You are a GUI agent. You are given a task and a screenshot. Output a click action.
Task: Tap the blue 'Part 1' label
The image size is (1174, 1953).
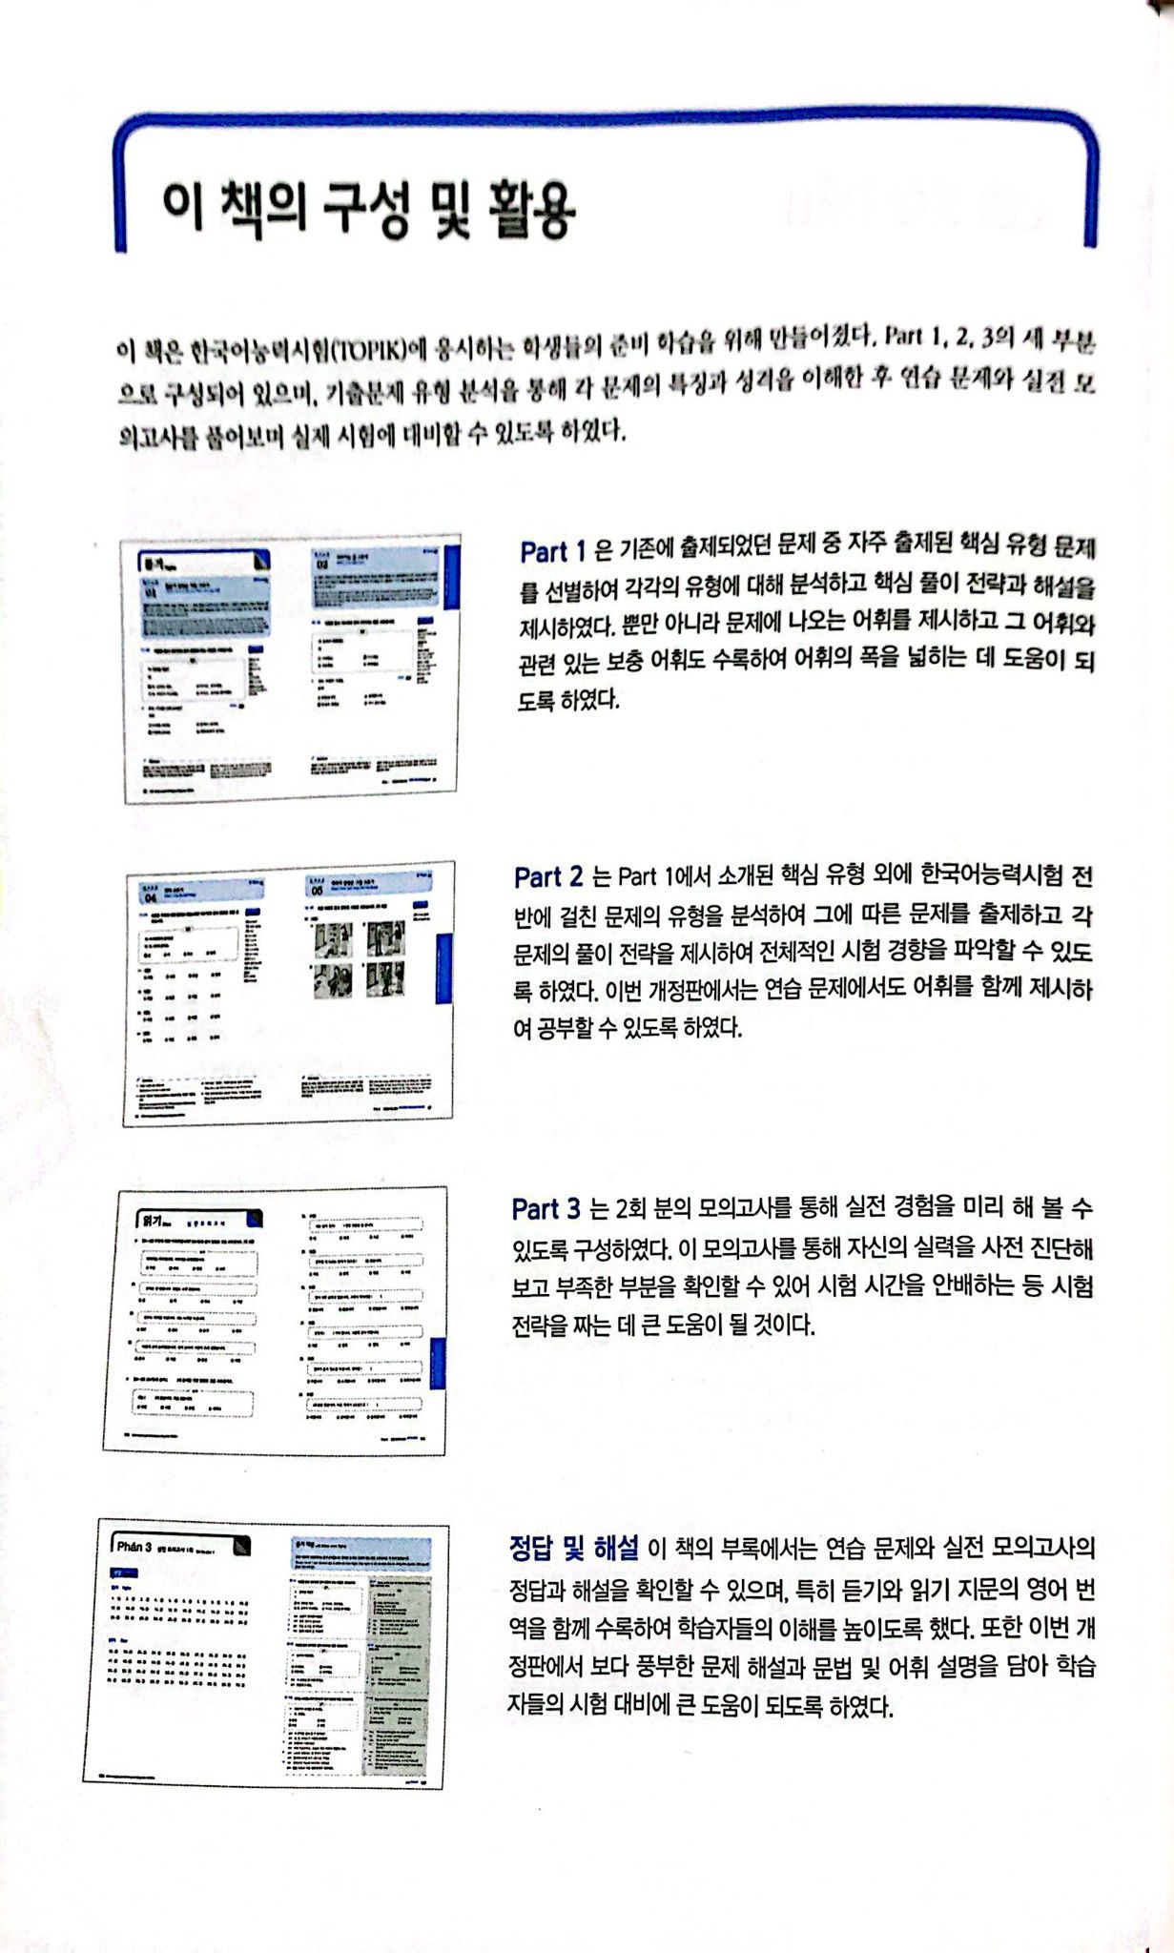coord(553,551)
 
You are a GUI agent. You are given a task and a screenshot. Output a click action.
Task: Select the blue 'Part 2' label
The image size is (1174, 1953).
coord(548,876)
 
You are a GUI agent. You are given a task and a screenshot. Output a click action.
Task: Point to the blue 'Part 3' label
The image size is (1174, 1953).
coord(546,1209)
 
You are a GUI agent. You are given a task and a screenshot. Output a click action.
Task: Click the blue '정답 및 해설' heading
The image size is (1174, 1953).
coord(574,1546)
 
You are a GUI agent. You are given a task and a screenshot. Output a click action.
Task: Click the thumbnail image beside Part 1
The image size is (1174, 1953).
coord(293,668)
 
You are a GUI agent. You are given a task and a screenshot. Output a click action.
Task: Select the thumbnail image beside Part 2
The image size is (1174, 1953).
coord(289,993)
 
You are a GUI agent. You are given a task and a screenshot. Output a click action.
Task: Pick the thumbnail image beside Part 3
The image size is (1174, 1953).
coord(275,1321)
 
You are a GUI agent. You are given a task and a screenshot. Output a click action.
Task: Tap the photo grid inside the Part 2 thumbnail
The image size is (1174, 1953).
coord(360,957)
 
